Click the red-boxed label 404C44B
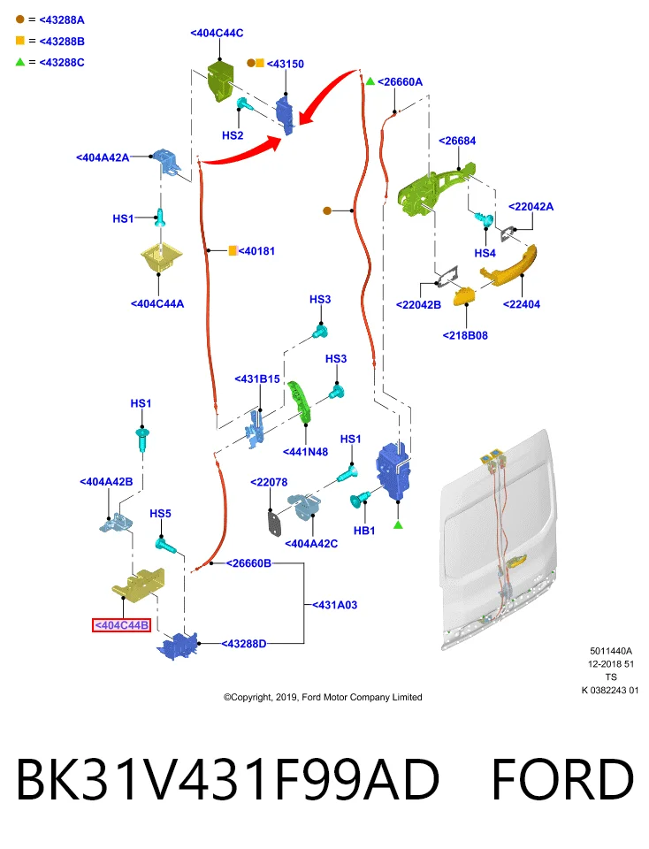click(121, 625)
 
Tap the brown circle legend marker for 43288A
click(20, 19)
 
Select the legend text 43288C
click(62, 62)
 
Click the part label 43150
click(286, 64)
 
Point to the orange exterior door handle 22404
click(509, 265)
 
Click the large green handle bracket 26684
click(435, 189)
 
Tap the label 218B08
click(465, 335)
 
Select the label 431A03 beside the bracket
click(334, 605)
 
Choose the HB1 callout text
click(364, 531)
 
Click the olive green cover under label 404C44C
click(220, 80)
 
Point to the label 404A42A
click(103, 157)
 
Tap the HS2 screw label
click(233, 135)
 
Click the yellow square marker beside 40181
click(233, 250)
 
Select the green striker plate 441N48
click(300, 401)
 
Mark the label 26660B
click(248, 563)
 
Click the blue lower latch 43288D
click(177, 646)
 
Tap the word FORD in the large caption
click(562, 780)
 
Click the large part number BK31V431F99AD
click(227, 780)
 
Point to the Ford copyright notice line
click(323, 698)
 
